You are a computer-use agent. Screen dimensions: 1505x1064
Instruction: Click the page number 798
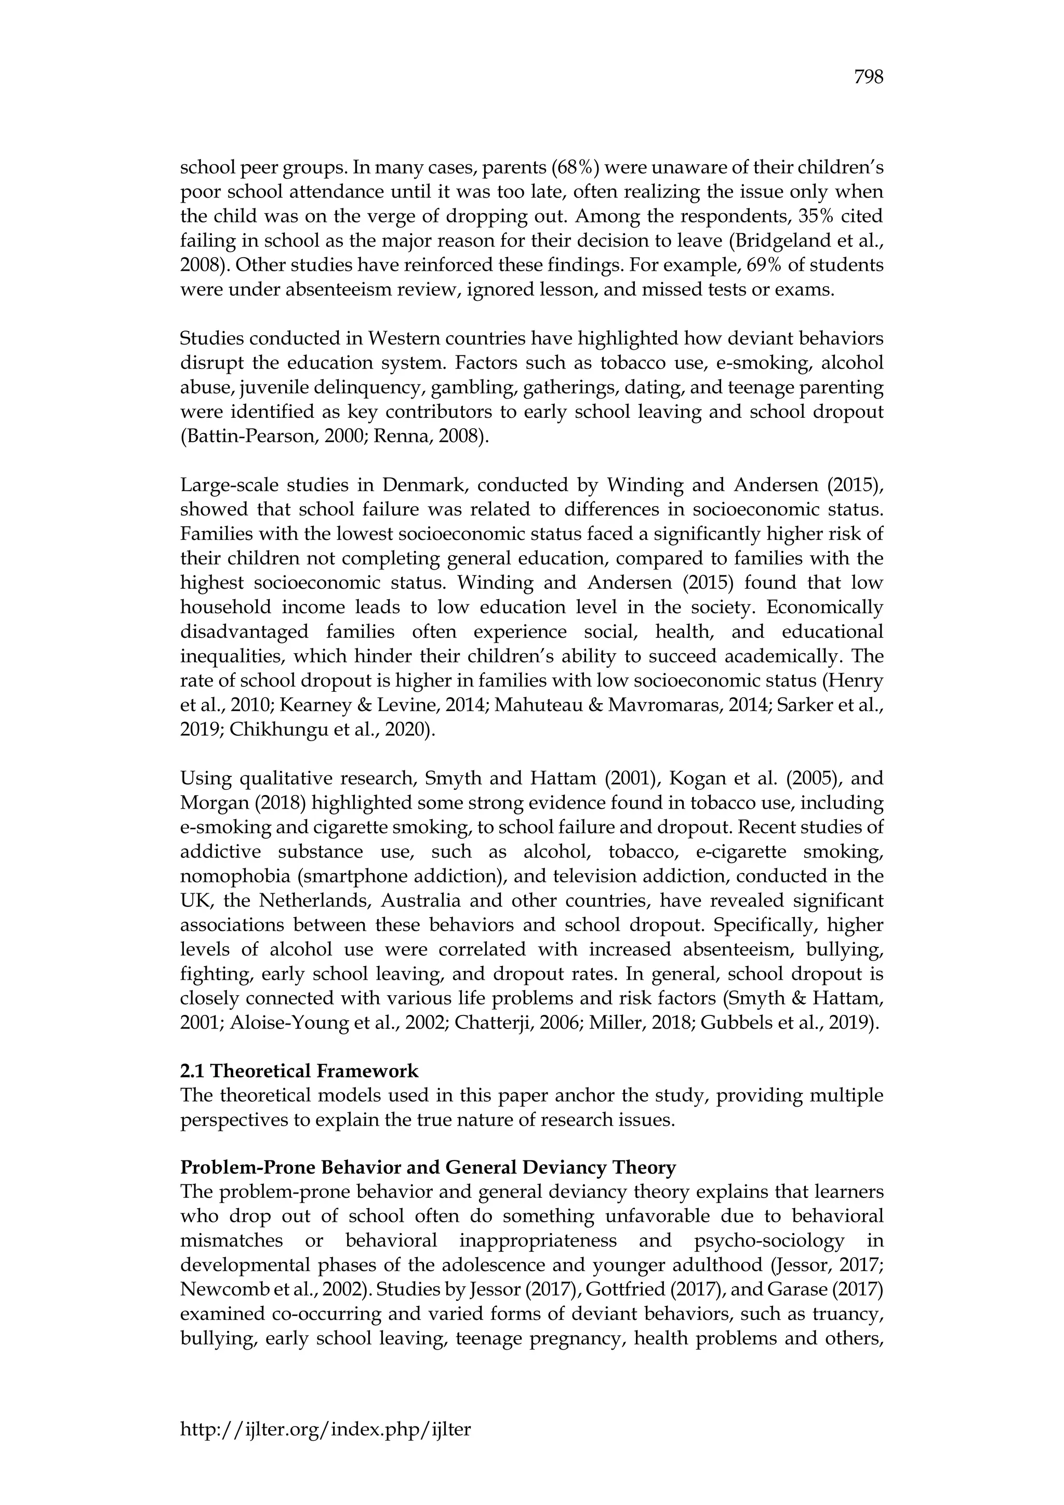point(869,77)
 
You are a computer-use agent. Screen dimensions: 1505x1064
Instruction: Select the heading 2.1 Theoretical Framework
point(299,1071)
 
